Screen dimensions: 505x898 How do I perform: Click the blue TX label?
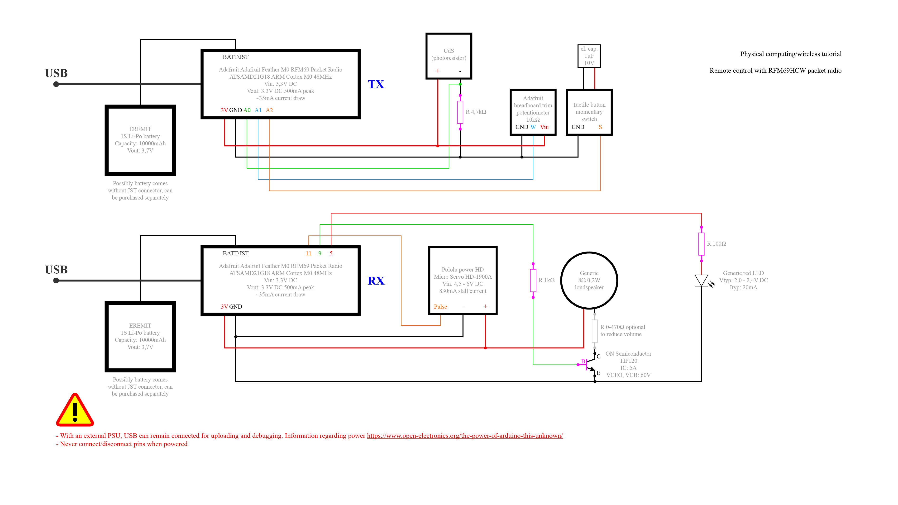click(x=376, y=84)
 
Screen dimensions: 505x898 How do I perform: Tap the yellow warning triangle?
click(x=75, y=410)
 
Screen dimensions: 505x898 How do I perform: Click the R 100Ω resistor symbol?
click(x=701, y=244)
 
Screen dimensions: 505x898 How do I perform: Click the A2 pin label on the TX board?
click(x=269, y=110)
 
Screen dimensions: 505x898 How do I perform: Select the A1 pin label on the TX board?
click(x=258, y=110)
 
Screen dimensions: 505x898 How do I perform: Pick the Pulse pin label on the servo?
click(x=440, y=307)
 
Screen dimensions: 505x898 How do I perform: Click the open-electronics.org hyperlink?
click(x=465, y=436)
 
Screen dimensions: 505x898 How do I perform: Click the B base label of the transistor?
click(x=583, y=361)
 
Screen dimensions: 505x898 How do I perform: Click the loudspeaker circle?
click(x=589, y=281)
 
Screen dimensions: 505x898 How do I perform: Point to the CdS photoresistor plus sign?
click(x=438, y=71)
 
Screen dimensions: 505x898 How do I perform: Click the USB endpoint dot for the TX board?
click(x=56, y=84)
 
